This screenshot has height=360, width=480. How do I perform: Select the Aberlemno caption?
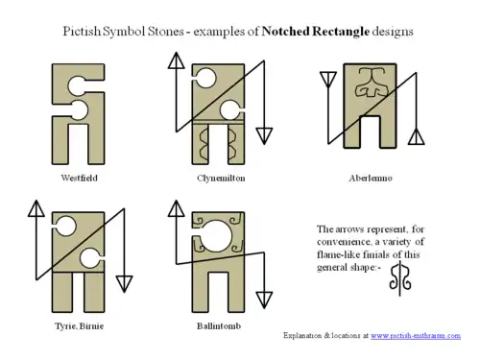(x=371, y=179)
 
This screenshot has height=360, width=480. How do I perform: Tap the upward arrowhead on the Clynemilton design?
(x=176, y=59)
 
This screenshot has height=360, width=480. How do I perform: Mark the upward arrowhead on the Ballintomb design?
(x=176, y=206)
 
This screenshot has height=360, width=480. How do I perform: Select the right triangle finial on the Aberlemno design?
(x=417, y=137)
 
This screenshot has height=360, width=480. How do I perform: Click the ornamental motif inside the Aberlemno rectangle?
(x=372, y=88)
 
